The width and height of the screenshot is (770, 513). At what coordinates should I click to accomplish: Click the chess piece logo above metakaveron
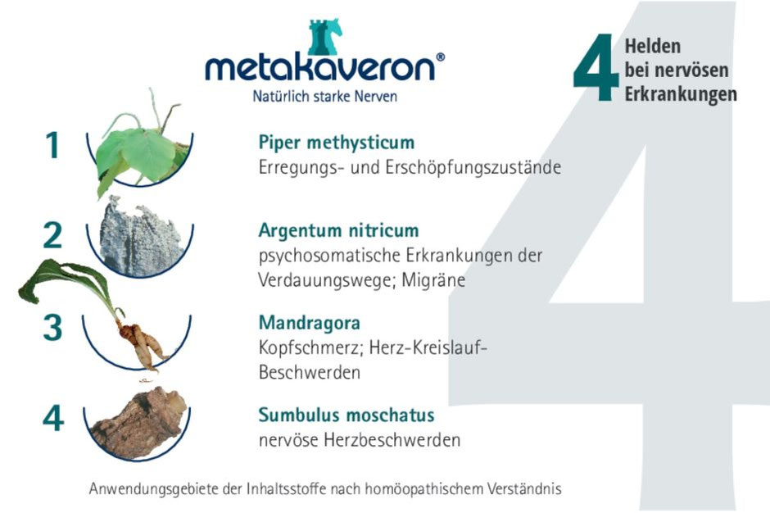pyautogui.click(x=324, y=37)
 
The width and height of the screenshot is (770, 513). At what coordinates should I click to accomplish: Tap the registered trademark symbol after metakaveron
pyautogui.click(x=440, y=57)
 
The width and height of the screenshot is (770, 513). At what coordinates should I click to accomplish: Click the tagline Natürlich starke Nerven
pyautogui.click(x=324, y=96)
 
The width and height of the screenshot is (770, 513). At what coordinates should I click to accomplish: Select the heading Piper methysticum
pyautogui.click(x=337, y=143)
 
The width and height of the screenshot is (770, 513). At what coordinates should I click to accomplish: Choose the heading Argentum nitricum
pyautogui.click(x=339, y=230)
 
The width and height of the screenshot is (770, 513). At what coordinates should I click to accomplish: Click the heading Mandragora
pyautogui.click(x=310, y=323)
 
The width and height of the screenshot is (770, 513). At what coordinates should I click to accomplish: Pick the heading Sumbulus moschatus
pyautogui.click(x=346, y=415)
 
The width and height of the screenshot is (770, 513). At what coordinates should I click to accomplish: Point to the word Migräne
pyautogui.click(x=433, y=280)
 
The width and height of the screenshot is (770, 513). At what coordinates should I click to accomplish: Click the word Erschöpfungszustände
pyautogui.click(x=473, y=167)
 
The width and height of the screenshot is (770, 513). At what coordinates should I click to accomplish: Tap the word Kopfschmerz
pyautogui.click(x=310, y=348)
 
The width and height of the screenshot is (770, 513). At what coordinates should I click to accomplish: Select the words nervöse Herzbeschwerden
pyautogui.click(x=360, y=440)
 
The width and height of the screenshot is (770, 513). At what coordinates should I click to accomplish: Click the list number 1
pyautogui.click(x=53, y=145)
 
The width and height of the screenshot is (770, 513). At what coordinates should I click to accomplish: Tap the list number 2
pyautogui.click(x=52, y=235)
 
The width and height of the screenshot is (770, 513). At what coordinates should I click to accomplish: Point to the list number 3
pyautogui.click(x=52, y=328)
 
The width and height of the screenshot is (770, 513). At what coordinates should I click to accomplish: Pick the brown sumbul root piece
pyautogui.click(x=139, y=423)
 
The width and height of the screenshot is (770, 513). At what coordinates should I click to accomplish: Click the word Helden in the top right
pyautogui.click(x=653, y=46)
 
